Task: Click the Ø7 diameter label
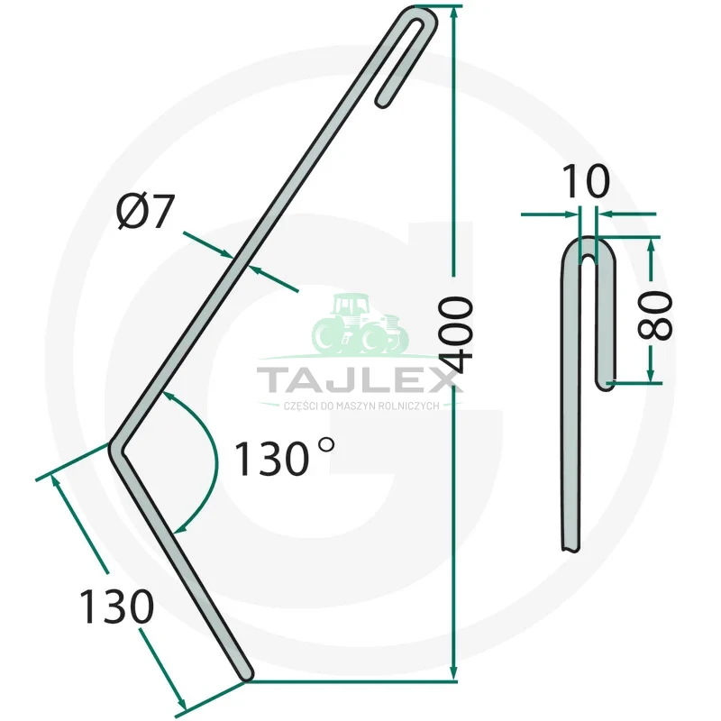[146, 212]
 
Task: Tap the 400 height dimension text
[455, 334]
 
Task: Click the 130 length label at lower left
[117, 606]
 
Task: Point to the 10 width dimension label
[586, 181]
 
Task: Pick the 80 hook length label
[655, 315]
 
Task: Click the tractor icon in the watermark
[360, 324]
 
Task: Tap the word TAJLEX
[360, 379]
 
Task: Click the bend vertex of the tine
[115, 449]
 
